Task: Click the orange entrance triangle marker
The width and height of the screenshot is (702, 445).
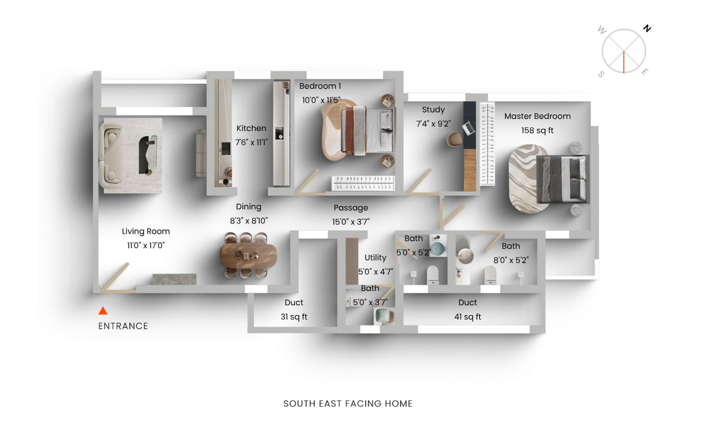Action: [x=103, y=311]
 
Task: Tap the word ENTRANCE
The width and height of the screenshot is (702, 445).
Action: [x=123, y=326]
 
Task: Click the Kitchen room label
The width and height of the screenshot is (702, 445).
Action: [x=251, y=128]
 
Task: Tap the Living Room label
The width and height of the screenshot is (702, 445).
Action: [x=146, y=231]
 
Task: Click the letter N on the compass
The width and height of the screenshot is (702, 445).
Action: [x=647, y=28]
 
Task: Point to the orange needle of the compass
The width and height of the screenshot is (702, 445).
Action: [x=624, y=62]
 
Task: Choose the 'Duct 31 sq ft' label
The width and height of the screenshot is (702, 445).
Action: [x=294, y=310]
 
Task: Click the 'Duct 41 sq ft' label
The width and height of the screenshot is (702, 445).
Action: [x=468, y=310]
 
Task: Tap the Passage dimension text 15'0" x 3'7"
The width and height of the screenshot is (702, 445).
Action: [x=351, y=221]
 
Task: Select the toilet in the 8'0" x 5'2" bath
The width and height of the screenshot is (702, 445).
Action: [x=490, y=276]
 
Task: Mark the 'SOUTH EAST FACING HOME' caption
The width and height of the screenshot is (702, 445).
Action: [x=348, y=404]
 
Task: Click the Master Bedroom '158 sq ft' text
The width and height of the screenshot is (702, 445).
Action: [x=537, y=130]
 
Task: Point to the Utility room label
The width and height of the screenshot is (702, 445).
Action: [x=376, y=258]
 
